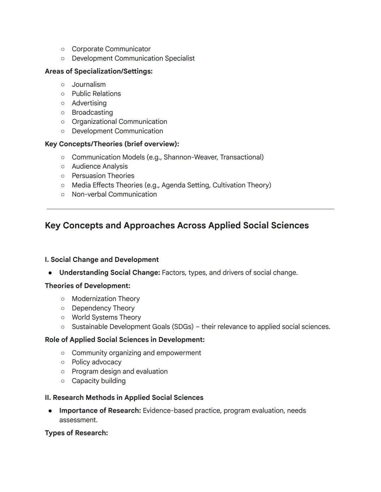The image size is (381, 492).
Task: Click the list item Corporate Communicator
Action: pyautogui.click(x=111, y=49)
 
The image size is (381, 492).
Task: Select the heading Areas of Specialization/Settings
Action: pyautogui.click(x=98, y=71)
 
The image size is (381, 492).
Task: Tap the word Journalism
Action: pyautogui.click(x=89, y=85)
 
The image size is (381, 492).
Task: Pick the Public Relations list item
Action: pyautogui.click(x=96, y=94)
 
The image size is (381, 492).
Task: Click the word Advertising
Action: pyautogui.click(x=89, y=103)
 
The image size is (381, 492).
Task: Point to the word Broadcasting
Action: pyautogui.click(x=92, y=112)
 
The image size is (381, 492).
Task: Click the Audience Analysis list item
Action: pyautogui.click(x=99, y=166)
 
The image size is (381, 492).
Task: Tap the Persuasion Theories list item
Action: pyautogui.click(x=103, y=176)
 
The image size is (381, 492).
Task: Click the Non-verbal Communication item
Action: pyautogui.click(x=114, y=194)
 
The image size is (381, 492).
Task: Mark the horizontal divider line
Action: pyautogui.click(x=190, y=209)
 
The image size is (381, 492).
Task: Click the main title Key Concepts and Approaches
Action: pyautogui.click(x=176, y=225)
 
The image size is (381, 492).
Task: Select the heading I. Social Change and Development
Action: pyautogui.click(x=102, y=260)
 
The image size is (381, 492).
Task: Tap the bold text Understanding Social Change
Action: pyautogui.click(x=109, y=273)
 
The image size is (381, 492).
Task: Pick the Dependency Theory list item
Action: pyautogui.click(x=103, y=308)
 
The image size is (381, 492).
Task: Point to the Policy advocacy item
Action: pyautogui.click(x=96, y=362)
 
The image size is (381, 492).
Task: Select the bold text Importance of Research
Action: pyautogui.click(x=100, y=411)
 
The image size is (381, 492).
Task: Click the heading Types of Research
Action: pyautogui.click(x=76, y=433)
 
